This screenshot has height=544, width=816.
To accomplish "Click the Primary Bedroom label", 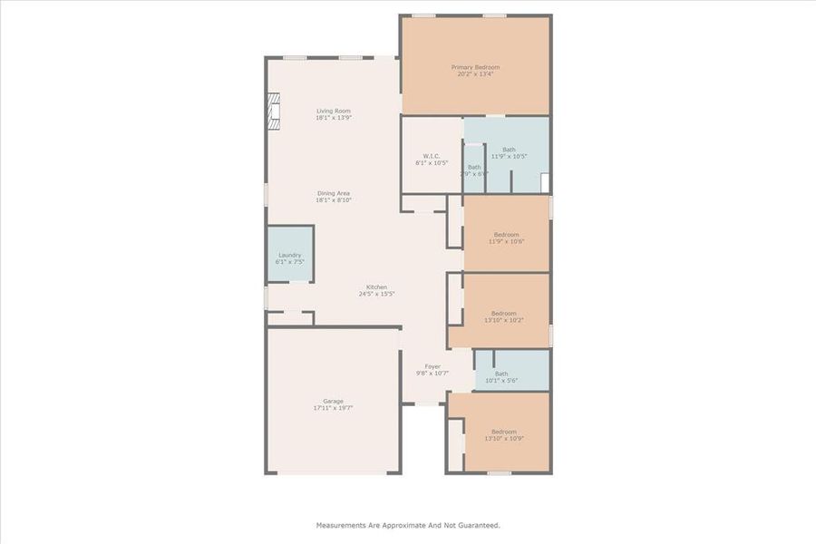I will point(475,67).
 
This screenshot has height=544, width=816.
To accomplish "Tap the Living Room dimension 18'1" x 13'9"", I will point(333,118).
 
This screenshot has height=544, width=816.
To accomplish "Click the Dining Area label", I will point(333,193).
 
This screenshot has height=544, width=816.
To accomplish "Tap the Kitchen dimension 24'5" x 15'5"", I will point(376,294).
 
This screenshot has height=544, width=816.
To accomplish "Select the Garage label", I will point(333,401).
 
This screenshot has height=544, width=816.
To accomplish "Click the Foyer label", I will point(432,366).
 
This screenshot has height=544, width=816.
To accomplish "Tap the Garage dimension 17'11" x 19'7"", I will point(333,408).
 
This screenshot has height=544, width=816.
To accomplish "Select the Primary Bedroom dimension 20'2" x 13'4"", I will point(475,74).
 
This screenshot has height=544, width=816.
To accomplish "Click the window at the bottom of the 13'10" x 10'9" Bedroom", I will point(499,472).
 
